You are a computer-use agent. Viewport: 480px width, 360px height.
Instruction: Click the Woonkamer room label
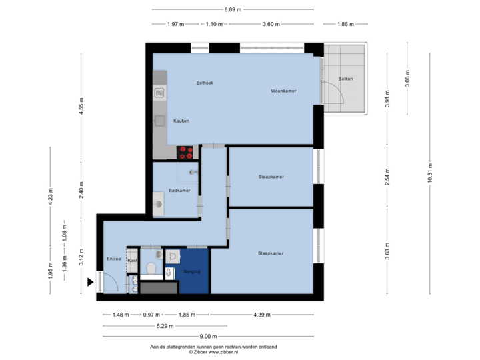tap(283, 91)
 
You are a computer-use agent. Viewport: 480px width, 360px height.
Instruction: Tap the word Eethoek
tap(205, 83)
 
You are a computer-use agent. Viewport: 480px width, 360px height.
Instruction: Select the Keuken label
tap(181, 121)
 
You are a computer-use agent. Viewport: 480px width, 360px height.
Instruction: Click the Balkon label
tap(345, 79)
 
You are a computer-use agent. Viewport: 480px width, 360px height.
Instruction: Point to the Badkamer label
tap(179, 191)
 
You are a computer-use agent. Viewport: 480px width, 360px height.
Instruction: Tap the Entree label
tap(114, 259)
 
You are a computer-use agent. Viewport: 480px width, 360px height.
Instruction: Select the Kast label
tap(133, 260)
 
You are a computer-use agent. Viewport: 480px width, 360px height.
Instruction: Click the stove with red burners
tap(186, 152)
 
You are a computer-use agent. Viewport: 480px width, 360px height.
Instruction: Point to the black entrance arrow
tap(90, 283)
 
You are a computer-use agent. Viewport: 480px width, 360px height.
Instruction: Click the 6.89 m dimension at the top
tap(233, 9)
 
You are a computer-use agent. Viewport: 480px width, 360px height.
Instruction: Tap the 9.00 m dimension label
tap(209, 337)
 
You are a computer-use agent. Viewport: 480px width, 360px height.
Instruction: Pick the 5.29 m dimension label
tap(165, 326)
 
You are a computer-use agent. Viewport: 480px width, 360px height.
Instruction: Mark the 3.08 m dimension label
tap(407, 79)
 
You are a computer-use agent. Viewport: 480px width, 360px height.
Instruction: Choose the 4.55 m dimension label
tap(81, 107)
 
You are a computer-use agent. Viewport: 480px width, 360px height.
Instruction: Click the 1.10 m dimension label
tap(213, 24)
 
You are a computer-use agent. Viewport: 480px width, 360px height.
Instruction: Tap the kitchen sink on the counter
tap(160, 121)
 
